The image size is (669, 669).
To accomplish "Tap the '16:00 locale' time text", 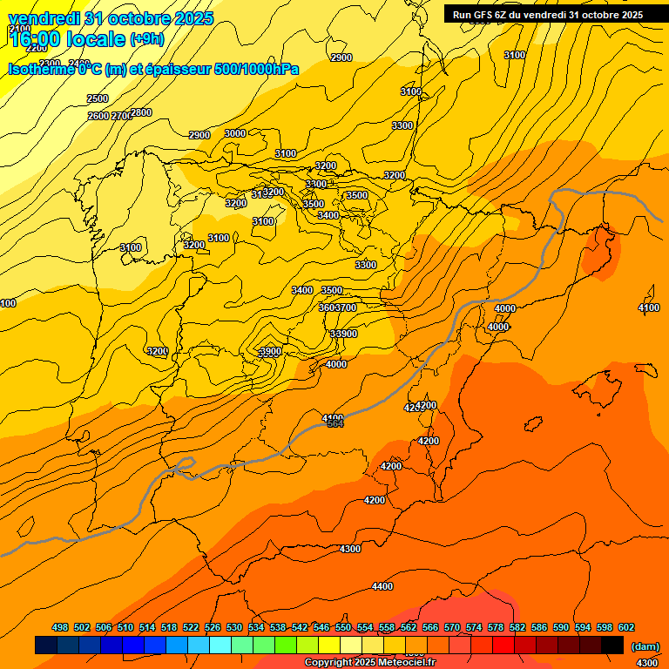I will pyautogui.click(x=68, y=39).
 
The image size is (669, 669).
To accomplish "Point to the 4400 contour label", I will pyautogui.click(x=382, y=586).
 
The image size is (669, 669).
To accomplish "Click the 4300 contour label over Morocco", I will pyautogui.click(x=350, y=549).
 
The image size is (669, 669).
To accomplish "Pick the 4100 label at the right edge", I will pyautogui.click(x=649, y=307).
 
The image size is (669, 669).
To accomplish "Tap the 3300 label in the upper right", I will pyautogui.click(x=402, y=125).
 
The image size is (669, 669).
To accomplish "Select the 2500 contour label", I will pyautogui.click(x=98, y=98).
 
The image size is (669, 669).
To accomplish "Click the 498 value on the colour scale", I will pyautogui.click(x=60, y=627).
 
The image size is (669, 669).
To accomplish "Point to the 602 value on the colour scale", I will pyautogui.click(x=626, y=627).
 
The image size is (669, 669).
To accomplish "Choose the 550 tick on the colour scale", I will pyautogui.click(x=343, y=627).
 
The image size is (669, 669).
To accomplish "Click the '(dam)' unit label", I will pyautogui.click(x=645, y=645).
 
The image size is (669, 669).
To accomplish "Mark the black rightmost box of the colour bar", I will pyautogui.click(x=612, y=645).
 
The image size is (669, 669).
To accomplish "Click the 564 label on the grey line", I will pyautogui.click(x=335, y=424).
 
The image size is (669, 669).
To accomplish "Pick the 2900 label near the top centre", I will pyautogui.click(x=341, y=57).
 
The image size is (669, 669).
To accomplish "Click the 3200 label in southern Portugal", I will pyautogui.click(x=158, y=351).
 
